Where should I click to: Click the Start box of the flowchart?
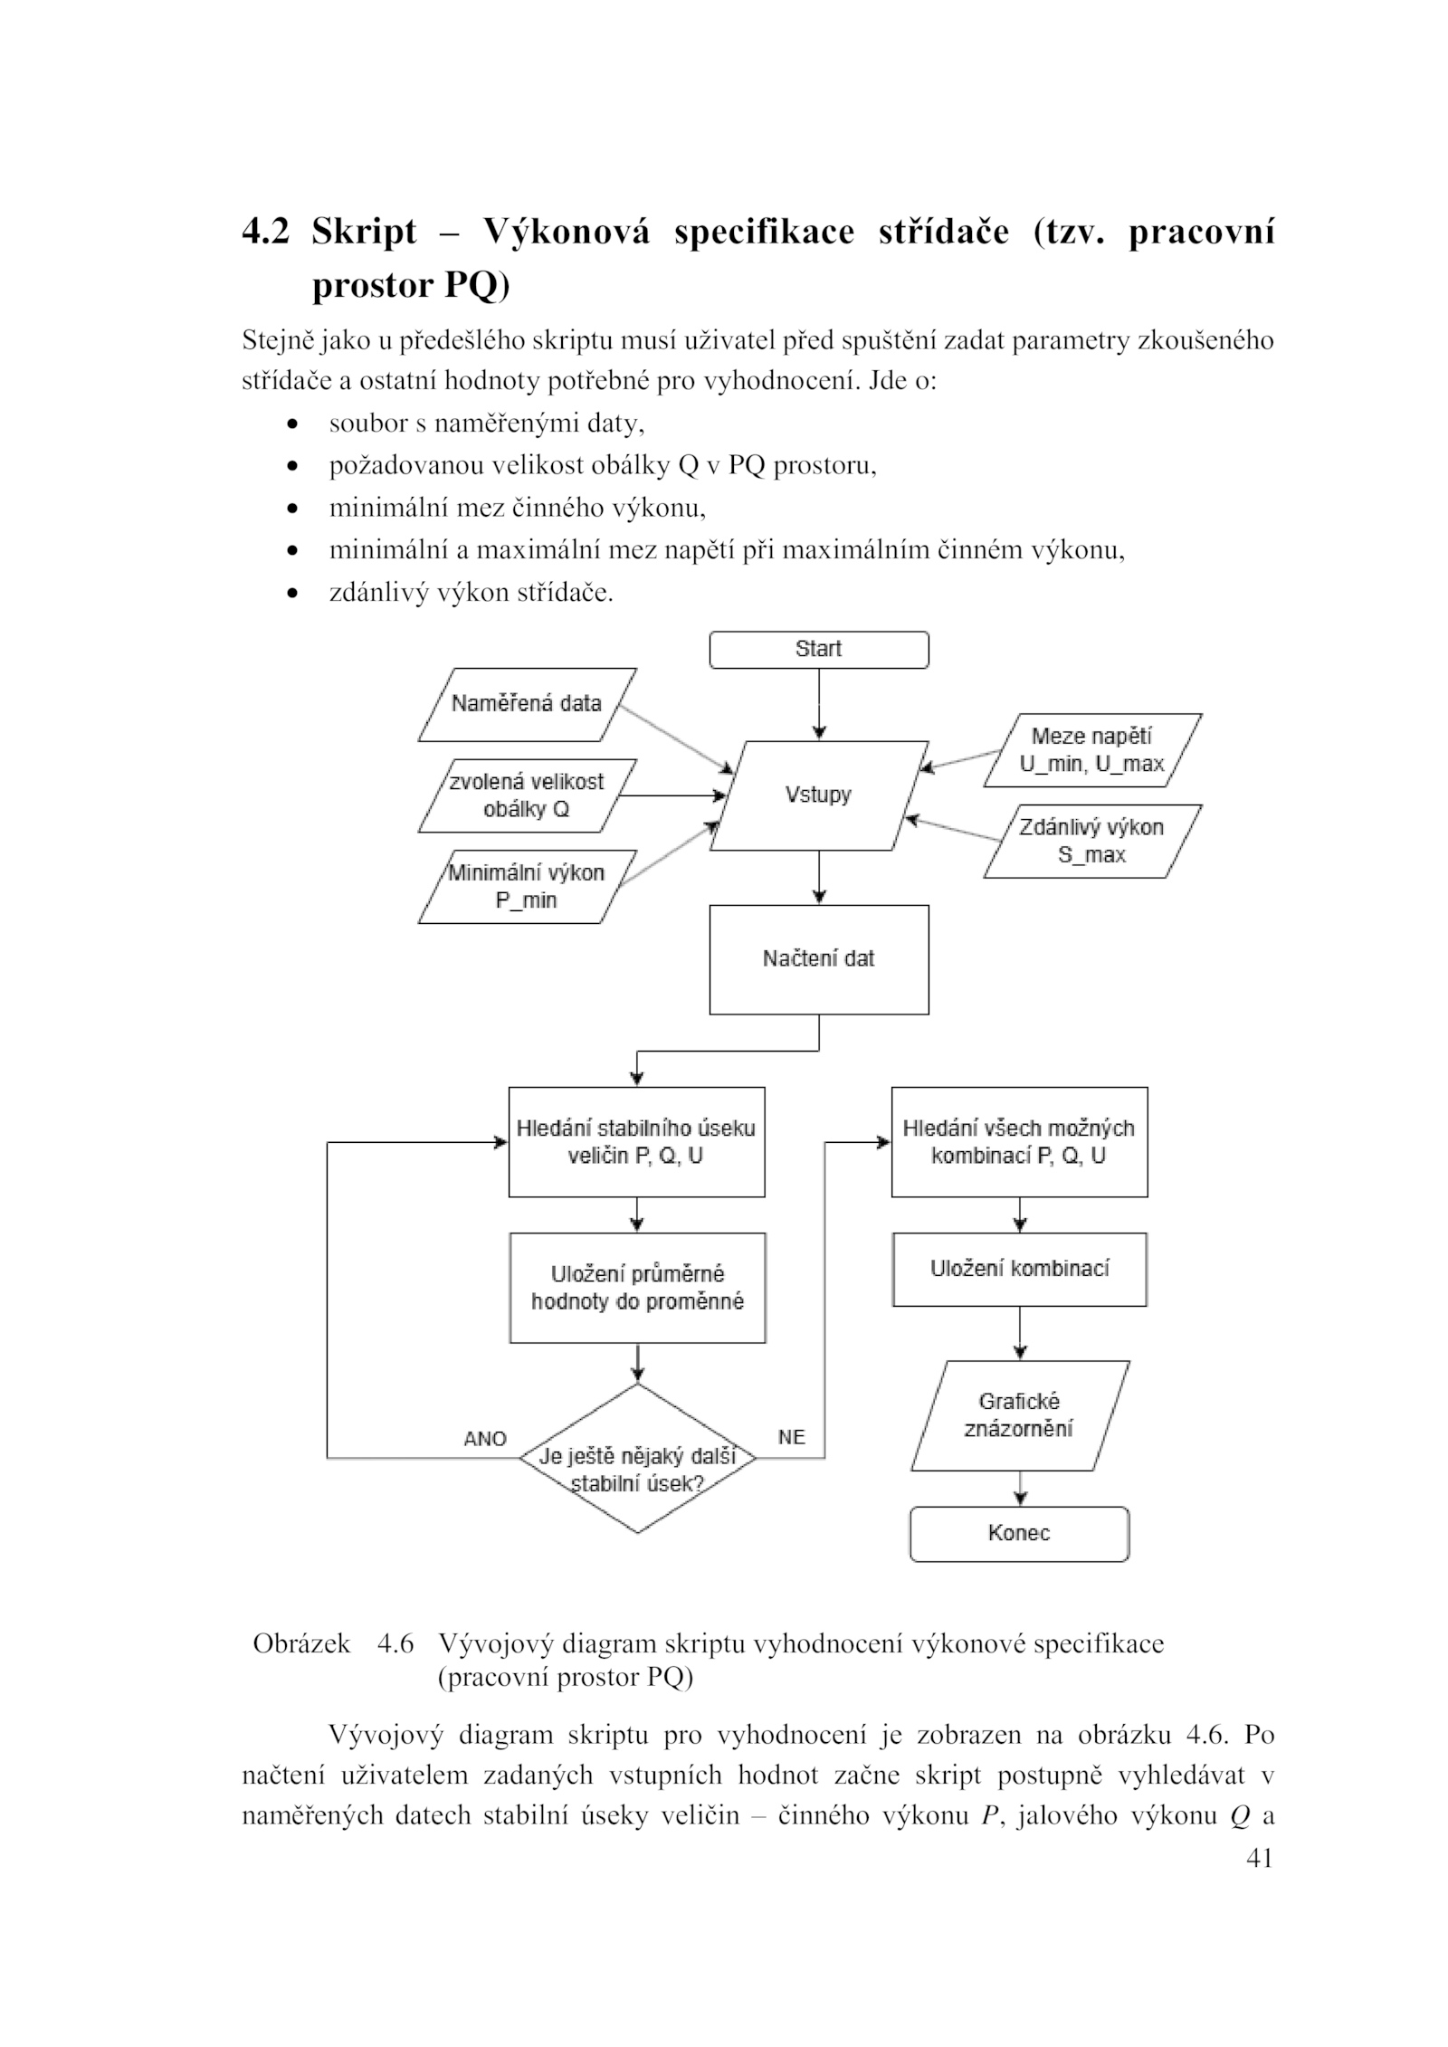[818, 650]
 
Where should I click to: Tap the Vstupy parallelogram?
[818, 795]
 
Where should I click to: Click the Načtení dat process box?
[818, 959]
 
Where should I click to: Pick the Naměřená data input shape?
[527, 704]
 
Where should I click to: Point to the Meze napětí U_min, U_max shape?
[1092, 750]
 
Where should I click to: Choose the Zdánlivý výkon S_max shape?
[1092, 841]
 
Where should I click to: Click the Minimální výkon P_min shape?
[527, 887]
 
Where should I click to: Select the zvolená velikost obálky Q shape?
[527, 795]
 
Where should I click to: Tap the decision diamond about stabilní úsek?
[637, 1458]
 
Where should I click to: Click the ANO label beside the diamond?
[485, 1439]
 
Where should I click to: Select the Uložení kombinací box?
[1019, 1269]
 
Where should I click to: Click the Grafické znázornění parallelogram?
[1019, 1414]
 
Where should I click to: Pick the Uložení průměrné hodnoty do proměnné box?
[637, 1287]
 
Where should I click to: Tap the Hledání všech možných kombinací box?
[1019, 1141]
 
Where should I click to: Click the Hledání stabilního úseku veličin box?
[636, 1141]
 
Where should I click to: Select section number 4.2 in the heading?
[265, 233]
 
